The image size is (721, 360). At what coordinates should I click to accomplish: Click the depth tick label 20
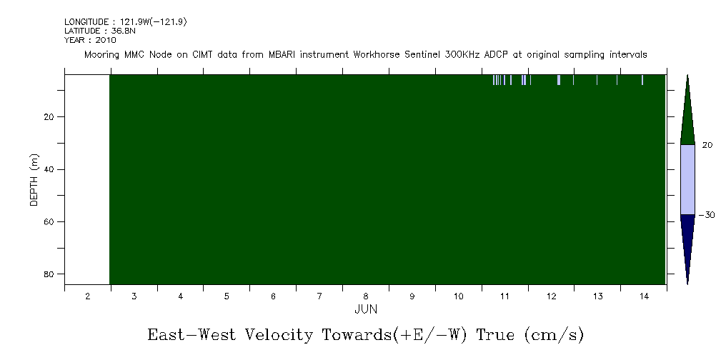[49, 117]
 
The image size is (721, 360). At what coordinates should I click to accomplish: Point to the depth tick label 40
[49, 170]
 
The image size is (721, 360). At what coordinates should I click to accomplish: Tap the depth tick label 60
[49, 222]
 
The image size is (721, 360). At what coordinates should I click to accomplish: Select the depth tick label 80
[49, 274]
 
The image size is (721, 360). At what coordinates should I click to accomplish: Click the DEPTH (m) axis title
[34, 180]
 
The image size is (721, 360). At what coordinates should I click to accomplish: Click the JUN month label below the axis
[366, 309]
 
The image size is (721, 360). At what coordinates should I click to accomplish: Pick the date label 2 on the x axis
[88, 296]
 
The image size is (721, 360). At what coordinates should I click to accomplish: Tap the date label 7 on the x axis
[319, 296]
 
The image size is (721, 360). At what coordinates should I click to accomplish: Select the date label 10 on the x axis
[459, 296]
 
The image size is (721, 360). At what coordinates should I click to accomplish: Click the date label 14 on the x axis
[644, 296]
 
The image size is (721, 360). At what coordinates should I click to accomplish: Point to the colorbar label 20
[707, 145]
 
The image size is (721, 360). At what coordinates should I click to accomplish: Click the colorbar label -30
[706, 215]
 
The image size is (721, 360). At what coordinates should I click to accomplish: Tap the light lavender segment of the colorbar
[687, 180]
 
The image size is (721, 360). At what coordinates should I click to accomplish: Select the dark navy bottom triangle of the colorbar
[687, 239]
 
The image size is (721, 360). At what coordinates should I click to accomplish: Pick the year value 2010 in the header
[106, 40]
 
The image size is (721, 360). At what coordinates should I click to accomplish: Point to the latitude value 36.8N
[123, 31]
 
